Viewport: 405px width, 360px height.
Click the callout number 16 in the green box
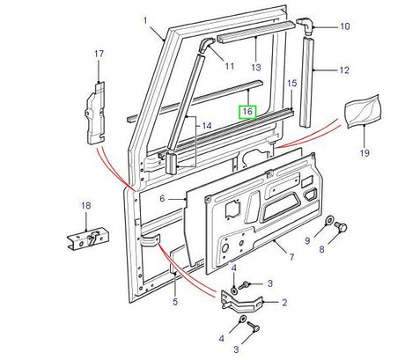(247, 112)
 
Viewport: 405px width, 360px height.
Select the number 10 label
(344, 27)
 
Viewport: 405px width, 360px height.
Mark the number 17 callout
(98, 55)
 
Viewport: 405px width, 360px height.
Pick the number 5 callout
(175, 302)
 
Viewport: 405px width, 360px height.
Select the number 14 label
(206, 126)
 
